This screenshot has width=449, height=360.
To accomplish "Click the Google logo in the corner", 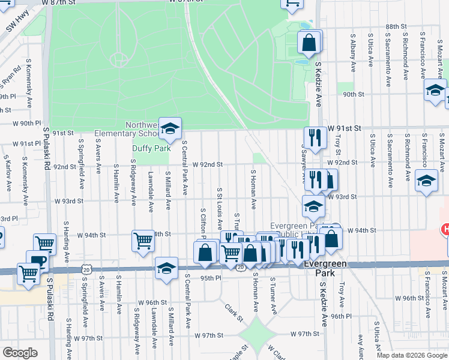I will click(20, 353).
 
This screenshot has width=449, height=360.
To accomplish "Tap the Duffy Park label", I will click(147, 148).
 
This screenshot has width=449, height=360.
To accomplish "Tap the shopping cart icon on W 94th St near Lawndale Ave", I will click(143, 241).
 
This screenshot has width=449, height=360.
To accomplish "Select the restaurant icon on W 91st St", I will click(315, 138).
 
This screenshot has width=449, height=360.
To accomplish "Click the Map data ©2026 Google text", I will click(411, 355).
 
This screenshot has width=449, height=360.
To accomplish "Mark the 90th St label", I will click(354, 94).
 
